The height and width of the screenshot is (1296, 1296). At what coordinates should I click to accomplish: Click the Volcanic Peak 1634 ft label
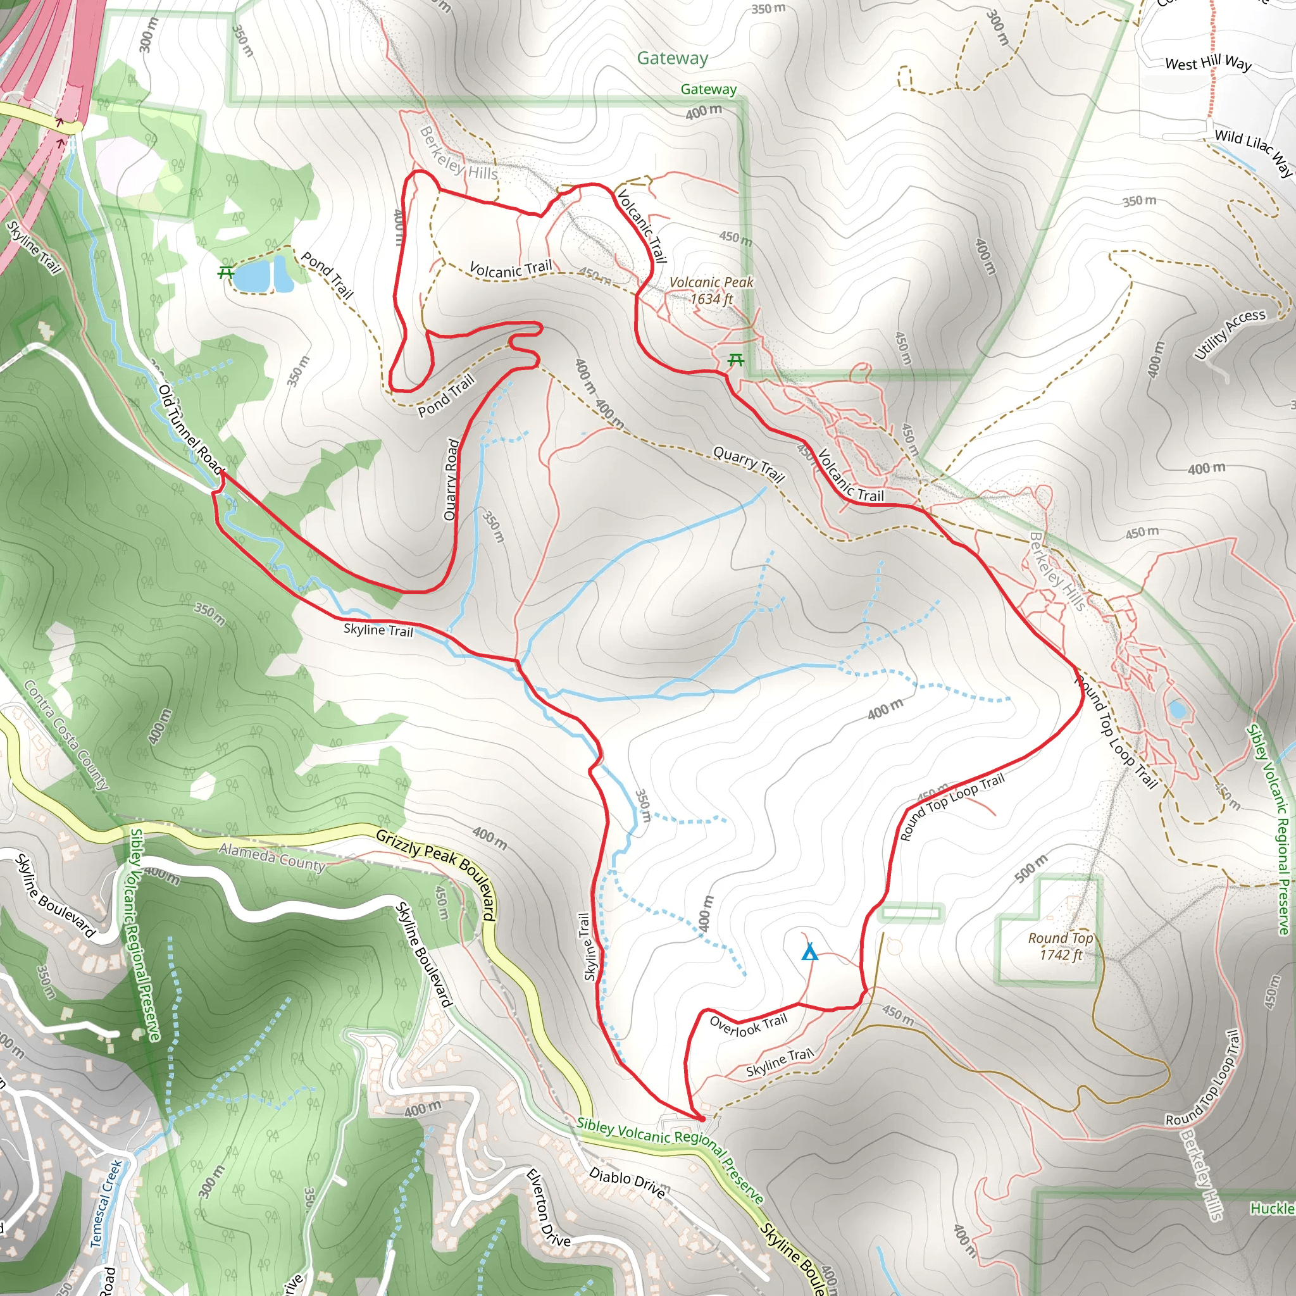click(x=711, y=290)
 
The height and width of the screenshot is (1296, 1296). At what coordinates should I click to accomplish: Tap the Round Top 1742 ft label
click(x=1061, y=946)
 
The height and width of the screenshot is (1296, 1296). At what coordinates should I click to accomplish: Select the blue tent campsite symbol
click(x=809, y=952)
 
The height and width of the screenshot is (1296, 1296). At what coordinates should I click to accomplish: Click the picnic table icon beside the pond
click(x=225, y=272)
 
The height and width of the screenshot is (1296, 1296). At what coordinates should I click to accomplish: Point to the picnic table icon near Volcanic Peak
click(x=735, y=361)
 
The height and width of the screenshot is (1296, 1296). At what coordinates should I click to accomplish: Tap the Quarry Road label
click(x=451, y=479)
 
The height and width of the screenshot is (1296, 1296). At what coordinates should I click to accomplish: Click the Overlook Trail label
click(x=748, y=1025)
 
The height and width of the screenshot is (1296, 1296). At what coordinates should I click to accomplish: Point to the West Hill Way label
click(x=1208, y=64)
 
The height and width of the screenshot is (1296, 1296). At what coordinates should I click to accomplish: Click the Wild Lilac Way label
click(x=1253, y=152)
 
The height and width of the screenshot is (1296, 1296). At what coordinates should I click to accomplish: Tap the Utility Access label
click(x=1230, y=333)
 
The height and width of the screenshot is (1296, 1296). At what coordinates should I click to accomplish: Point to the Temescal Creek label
click(x=106, y=1204)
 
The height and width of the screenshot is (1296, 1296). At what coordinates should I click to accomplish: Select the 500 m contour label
click(x=1031, y=868)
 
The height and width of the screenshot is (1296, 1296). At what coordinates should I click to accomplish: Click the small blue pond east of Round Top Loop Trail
click(x=1176, y=709)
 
